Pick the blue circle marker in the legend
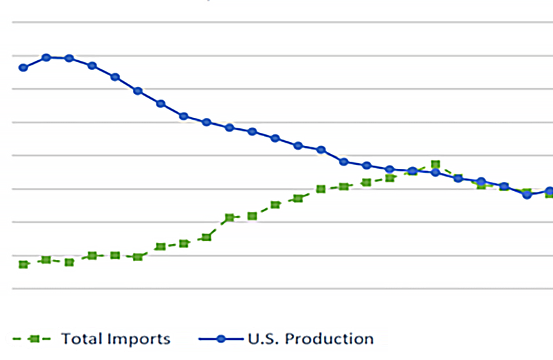[x=221, y=338]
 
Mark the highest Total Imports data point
[x=435, y=164]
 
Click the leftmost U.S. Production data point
[x=24, y=67]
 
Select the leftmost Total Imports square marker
[x=24, y=264]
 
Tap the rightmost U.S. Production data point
[x=550, y=191]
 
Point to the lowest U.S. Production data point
[x=527, y=195]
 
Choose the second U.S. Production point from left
[x=46, y=58]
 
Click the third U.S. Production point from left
[x=69, y=58]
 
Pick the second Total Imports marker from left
[x=46, y=260]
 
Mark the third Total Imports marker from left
[x=69, y=262]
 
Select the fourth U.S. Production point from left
[x=92, y=65]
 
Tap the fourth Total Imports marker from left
[x=92, y=255]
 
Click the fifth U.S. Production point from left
[x=115, y=77]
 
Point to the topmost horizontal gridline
[x=281, y=23]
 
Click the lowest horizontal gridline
[x=281, y=289]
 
